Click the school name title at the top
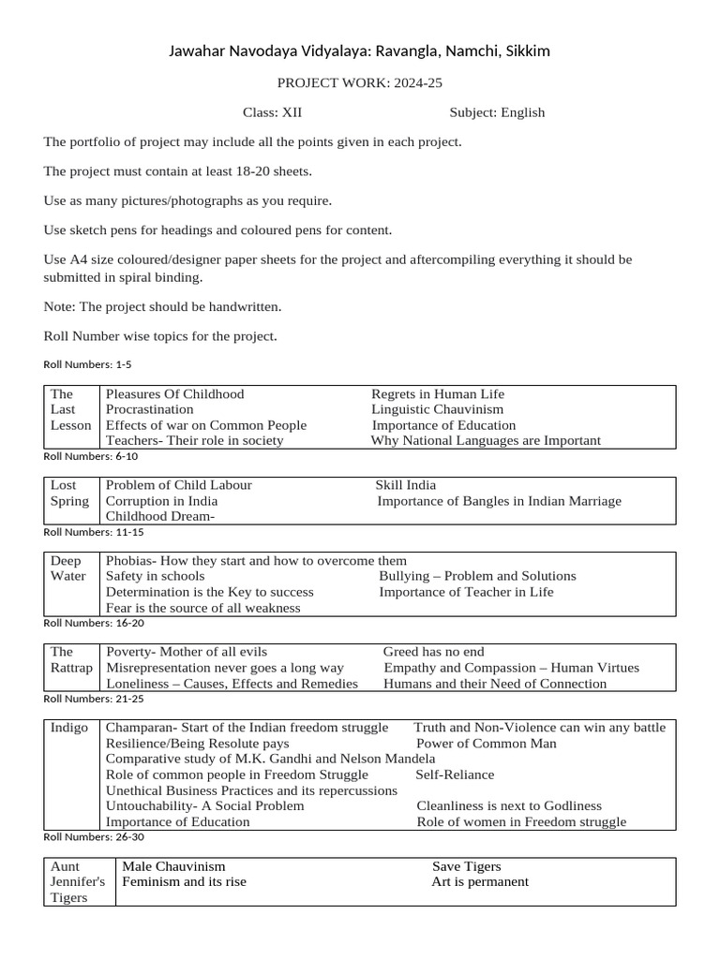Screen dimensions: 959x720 [359, 51]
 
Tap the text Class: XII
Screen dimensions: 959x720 [272, 112]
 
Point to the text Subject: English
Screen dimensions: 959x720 [497, 112]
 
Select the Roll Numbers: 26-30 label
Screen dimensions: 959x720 [94, 836]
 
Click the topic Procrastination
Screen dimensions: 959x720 [150, 409]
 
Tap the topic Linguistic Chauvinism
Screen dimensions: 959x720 [437, 409]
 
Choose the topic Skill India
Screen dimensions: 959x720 [405, 485]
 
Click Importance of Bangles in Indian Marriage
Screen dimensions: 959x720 [499, 501]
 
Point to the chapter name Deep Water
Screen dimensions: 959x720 [68, 568]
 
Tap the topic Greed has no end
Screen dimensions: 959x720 [434, 652]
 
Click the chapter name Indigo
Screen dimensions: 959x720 [69, 728]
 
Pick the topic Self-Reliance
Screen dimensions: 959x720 [455, 775]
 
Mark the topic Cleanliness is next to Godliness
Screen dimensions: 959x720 [509, 806]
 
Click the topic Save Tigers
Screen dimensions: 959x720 [466, 866]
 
